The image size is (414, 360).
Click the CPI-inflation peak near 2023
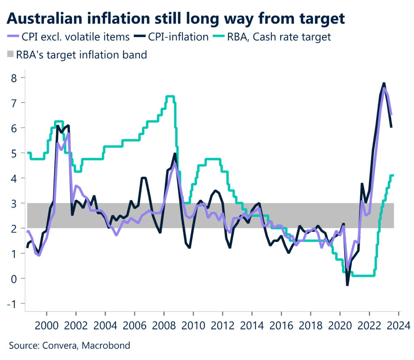[384, 83]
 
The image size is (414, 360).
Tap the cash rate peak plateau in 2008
[170, 96]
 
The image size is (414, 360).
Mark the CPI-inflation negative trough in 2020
[347, 285]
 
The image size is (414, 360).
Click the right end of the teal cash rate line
[393, 175]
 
